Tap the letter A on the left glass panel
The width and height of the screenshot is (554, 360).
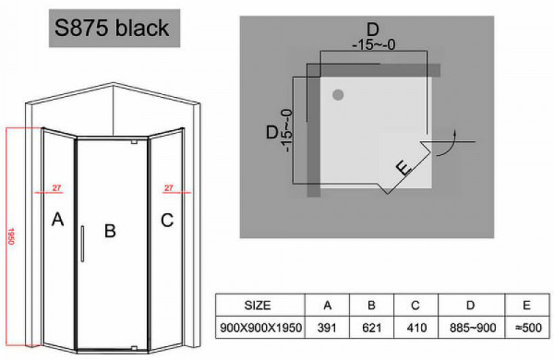pos(57,220)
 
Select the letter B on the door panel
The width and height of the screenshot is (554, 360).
pos(109,231)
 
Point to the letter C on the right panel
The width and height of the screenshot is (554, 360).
pos(166,220)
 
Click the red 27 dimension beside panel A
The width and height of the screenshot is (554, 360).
pos(56,188)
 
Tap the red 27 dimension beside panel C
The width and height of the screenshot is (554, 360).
pos(169,188)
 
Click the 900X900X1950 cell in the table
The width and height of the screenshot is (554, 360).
pos(259,327)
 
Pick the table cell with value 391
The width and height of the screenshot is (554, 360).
pos(327,327)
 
